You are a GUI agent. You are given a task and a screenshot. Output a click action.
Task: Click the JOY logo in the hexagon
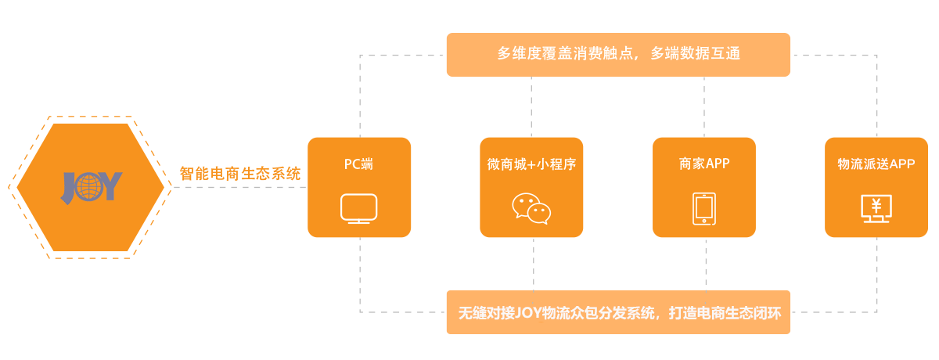click(x=92, y=187)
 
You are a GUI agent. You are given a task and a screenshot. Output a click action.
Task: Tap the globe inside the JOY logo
click(x=91, y=187)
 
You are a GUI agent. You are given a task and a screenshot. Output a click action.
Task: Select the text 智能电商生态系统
click(x=240, y=173)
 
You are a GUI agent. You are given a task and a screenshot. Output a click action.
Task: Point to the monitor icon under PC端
click(x=359, y=209)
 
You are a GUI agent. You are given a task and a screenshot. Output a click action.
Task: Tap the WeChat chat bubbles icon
click(x=531, y=209)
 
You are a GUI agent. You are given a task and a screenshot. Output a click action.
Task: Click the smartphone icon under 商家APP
click(x=704, y=209)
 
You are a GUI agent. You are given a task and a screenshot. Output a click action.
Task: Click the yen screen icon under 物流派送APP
click(x=876, y=209)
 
